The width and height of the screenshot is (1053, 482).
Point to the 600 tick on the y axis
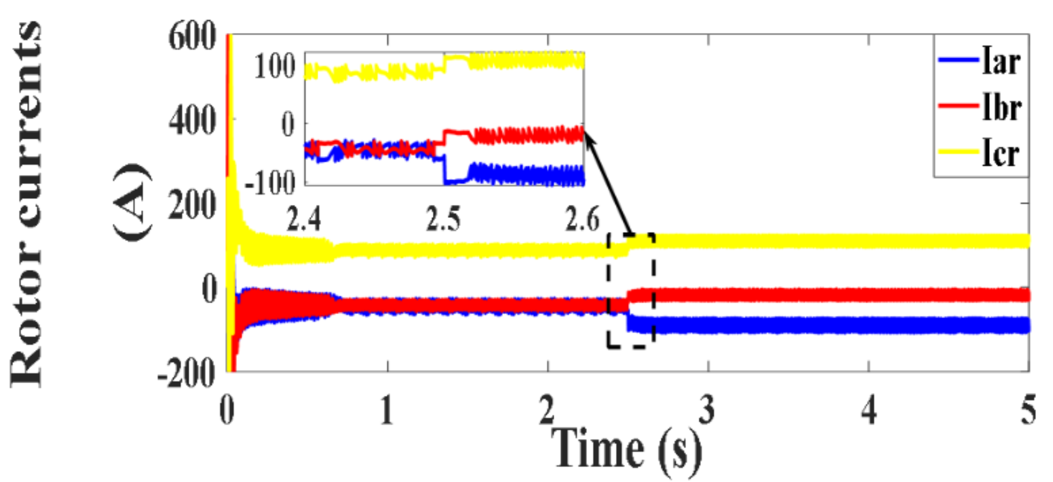pyautogui.click(x=192, y=37)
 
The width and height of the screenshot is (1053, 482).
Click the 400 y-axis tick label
pyautogui.click(x=192, y=121)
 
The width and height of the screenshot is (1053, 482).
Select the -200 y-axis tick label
pyautogui.click(x=186, y=373)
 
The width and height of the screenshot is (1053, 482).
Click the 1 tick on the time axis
pyautogui.click(x=387, y=410)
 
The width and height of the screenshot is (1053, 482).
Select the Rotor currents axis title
pyautogui.click(x=27, y=203)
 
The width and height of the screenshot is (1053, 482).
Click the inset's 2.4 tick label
pyautogui.click(x=304, y=219)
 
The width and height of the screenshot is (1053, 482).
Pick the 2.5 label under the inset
pyautogui.click(x=443, y=219)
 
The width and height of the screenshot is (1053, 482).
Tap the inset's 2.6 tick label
pyautogui.click(x=582, y=219)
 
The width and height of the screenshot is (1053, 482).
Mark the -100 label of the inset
pyautogui.click(x=270, y=183)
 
